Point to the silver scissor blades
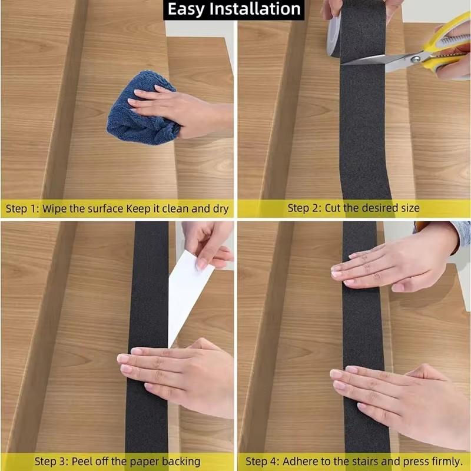[x=377, y=59]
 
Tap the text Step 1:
[x=22, y=208]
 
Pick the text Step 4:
[x=262, y=461]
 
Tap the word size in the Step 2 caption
[x=409, y=208]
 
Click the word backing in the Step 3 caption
[x=181, y=461]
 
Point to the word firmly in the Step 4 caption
[x=445, y=461]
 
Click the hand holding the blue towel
[x=177, y=109]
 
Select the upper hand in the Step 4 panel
[x=394, y=262]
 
